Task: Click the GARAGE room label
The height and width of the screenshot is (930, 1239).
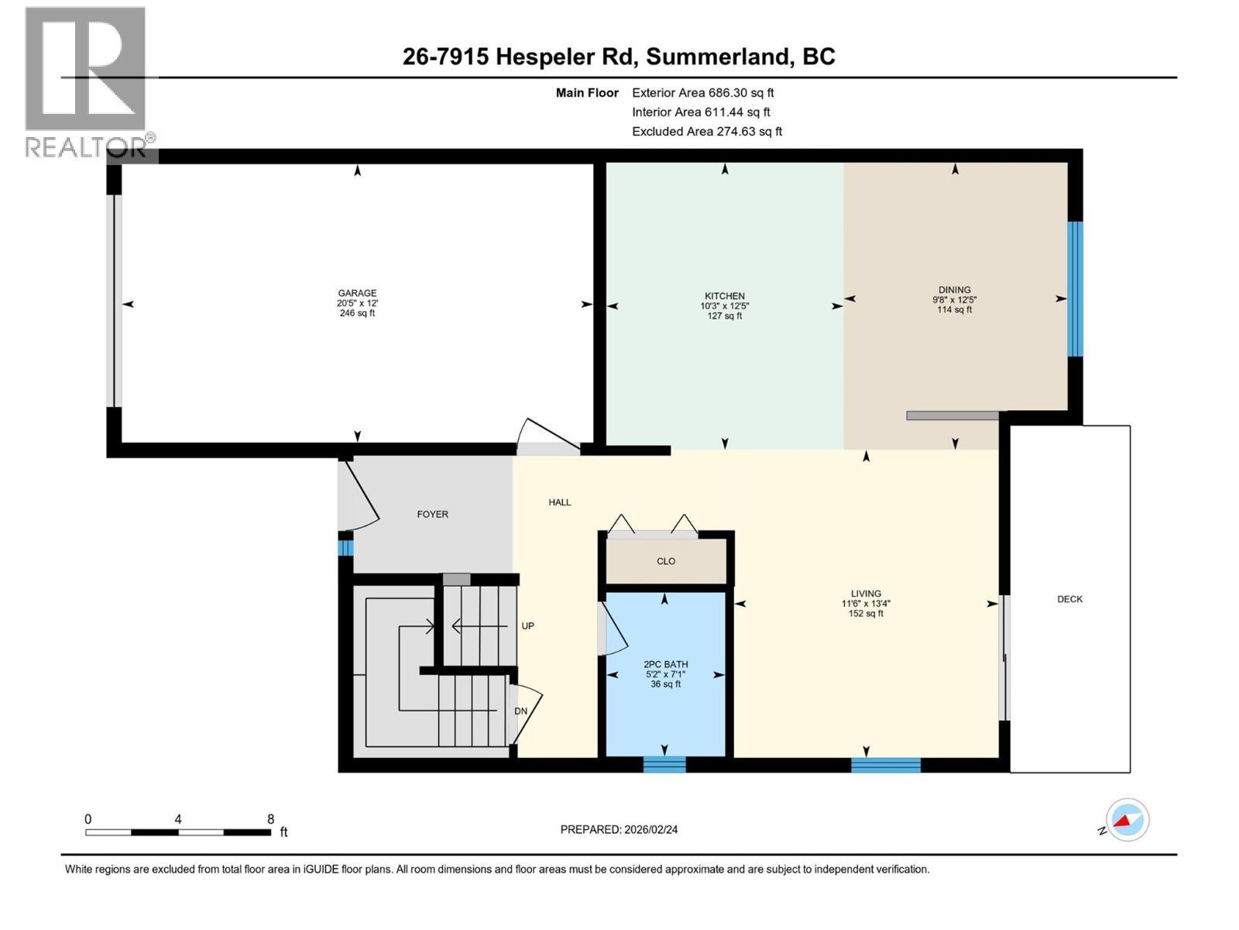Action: [x=357, y=293]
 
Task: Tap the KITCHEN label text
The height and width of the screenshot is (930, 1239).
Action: [x=724, y=296]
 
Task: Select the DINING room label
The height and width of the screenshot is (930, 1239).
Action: [x=954, y=290]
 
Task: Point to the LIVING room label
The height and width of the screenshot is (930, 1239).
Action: [x=865, y=594]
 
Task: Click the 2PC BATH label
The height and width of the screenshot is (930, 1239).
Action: [x=665, y=664]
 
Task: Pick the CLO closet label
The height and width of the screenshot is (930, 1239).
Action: [x=665, y=560]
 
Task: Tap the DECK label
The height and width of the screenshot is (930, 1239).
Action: [x=1069, y=599]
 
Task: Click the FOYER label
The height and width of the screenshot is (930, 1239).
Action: [x=432, y=514]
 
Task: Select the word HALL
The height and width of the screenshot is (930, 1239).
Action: [x=559, y=502]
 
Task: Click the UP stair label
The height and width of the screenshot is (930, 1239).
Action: [x=527, y=625]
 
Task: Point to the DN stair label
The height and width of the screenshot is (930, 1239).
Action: [x=520, y=711]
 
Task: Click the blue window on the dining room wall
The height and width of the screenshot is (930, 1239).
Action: [x=1075, y=289]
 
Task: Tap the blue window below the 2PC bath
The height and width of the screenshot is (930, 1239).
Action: [x=664, y=765]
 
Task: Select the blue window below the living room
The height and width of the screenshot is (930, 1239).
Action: [x=886, y=765]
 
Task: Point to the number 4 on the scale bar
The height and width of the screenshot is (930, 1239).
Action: [x=178, y=818]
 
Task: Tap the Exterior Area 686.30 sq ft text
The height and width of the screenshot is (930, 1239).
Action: [x=703, y=92]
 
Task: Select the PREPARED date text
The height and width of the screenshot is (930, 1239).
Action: [x=619, y=829]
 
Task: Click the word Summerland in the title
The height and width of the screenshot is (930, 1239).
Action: [x=716, y=57]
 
